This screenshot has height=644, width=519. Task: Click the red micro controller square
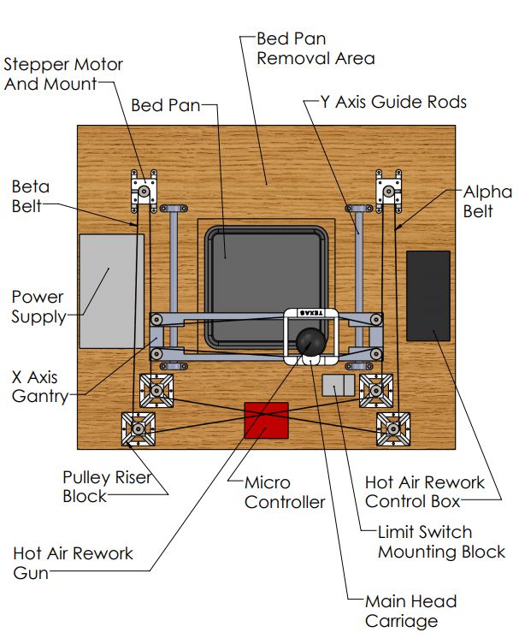[x=266, y=420]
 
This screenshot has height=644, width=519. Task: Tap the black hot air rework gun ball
[x=311, y=342]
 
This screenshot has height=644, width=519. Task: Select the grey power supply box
[x=112, y=291]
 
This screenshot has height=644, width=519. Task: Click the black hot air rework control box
[x=428, y=296]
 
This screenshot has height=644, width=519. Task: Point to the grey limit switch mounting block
[x=339, y=385]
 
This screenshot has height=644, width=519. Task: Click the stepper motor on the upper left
[x=144, y=192]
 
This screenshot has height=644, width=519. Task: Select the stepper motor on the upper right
[x=389, y=192]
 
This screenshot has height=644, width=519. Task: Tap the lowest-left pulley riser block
[x=139, y=428]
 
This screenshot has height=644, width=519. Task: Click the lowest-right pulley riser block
[x=393, y=428]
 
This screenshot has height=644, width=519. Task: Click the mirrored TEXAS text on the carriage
[x=311, y=313]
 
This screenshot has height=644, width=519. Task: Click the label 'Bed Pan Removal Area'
[x=316, y=49]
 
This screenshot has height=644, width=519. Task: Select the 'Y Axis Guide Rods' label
[x=393, y=102]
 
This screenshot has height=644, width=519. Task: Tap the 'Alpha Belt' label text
[x=487, y=201]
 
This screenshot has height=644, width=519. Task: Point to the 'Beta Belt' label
[x=31, y=197]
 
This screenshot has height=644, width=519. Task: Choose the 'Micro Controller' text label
[x=285, y=492]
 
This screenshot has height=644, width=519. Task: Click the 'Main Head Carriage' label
[x=410, y=612]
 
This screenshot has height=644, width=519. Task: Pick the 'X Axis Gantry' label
[x=40, y=387]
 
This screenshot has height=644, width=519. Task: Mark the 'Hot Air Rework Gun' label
[x=73, y=563]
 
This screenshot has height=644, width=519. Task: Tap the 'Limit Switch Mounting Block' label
[x=441, y=541]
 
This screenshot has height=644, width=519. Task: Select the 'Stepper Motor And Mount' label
[x=63, y=74]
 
